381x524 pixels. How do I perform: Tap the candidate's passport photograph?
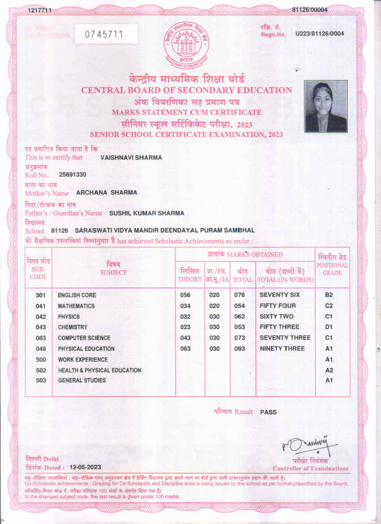tap(326, 106)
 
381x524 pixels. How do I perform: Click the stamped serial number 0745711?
tap(105, 34)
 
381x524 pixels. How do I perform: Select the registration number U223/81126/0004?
tap(320, 34)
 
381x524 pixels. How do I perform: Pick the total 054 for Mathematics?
tap(240, 306)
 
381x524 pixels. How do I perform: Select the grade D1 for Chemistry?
tap(329, 327)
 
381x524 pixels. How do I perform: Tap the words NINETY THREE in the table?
tap(282, 348)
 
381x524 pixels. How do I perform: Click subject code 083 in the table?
tap(41, 338)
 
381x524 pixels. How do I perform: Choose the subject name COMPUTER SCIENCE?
tap(84, 338)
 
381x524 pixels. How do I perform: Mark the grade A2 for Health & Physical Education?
tap(329, 370)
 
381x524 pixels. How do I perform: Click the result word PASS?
tap(268, 412)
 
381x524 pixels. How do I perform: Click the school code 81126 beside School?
tap(60, 230)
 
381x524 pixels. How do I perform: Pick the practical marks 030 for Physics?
tap(215, 316)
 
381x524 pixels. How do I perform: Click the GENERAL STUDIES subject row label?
tap(82, 381)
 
